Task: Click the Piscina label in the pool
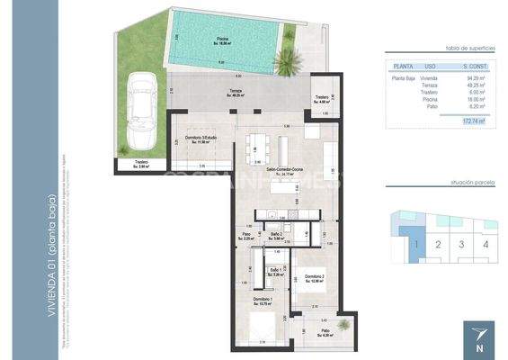(x=222, y=40)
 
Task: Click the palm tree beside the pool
(x=288, y=63)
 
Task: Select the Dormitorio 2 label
(x=313, y=277)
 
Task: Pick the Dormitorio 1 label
(x=262, y=300)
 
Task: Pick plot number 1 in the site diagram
(x=414, y=243)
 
